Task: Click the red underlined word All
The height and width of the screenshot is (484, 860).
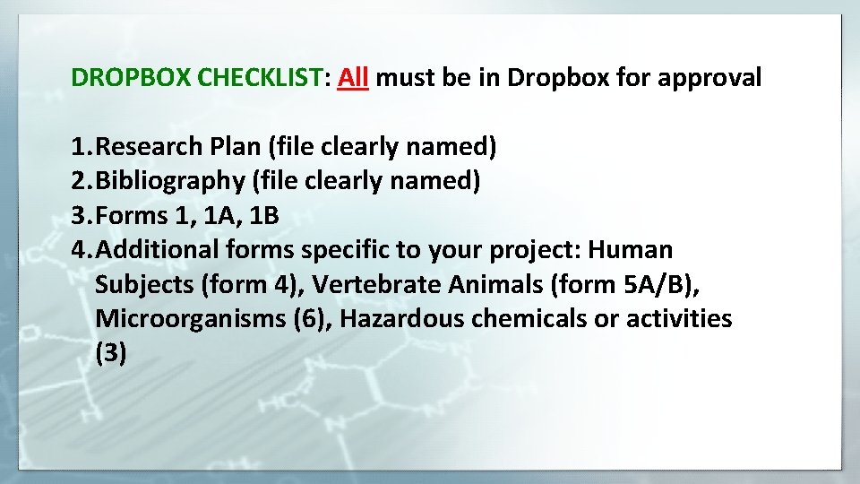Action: [x=354, y=78]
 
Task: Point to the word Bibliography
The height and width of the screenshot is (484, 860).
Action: [x=170, y=181]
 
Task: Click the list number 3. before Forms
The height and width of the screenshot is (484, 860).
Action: [x=82, y=215]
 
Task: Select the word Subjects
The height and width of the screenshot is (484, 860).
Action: [x=144, y=284]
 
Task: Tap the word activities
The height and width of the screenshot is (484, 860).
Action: [x=678, y=318]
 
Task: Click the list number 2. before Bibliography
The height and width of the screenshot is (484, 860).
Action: [x=82, y=181]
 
